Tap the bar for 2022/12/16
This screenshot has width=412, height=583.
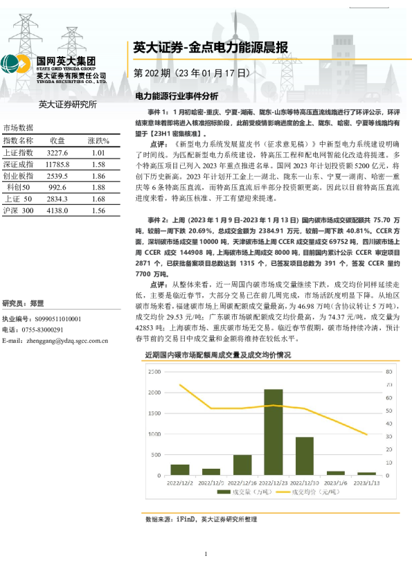tap(242, 465)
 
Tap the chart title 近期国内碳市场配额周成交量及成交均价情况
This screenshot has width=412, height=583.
tap(218, 355)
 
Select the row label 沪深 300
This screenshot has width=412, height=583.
tap(19, 210)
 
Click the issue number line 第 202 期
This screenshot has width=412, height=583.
tap(190, 73)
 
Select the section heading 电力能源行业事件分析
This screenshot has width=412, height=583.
tap(176, 96)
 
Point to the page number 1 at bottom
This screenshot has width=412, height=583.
tap(206, 555)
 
